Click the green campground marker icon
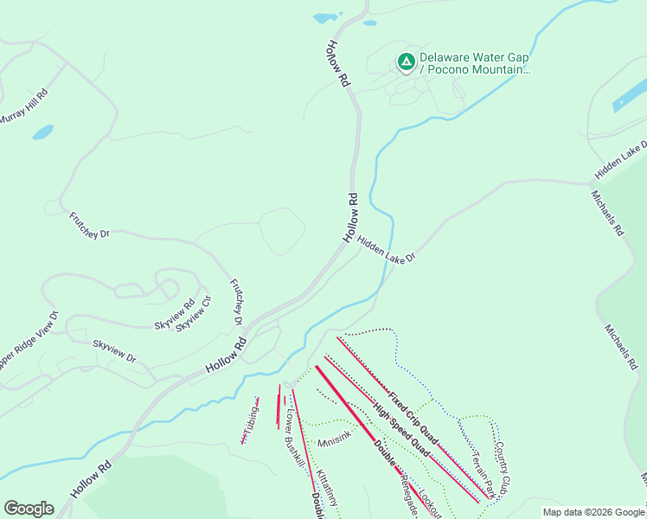pyautogui.click(x=405, y=61)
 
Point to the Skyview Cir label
pyautogui.click(x=194, y=313)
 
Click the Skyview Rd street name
pyautogui.click(x=174, y=313)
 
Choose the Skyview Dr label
pyautogui.click(x=114, y=351)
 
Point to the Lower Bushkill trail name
pyautogui.click(x=294, y=439)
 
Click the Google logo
pyautogui.click(x=29, y=509)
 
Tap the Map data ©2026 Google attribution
pyautogui.click(x=593, y=512)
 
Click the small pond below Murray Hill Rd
pyautogui.click(x=42, y=133)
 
